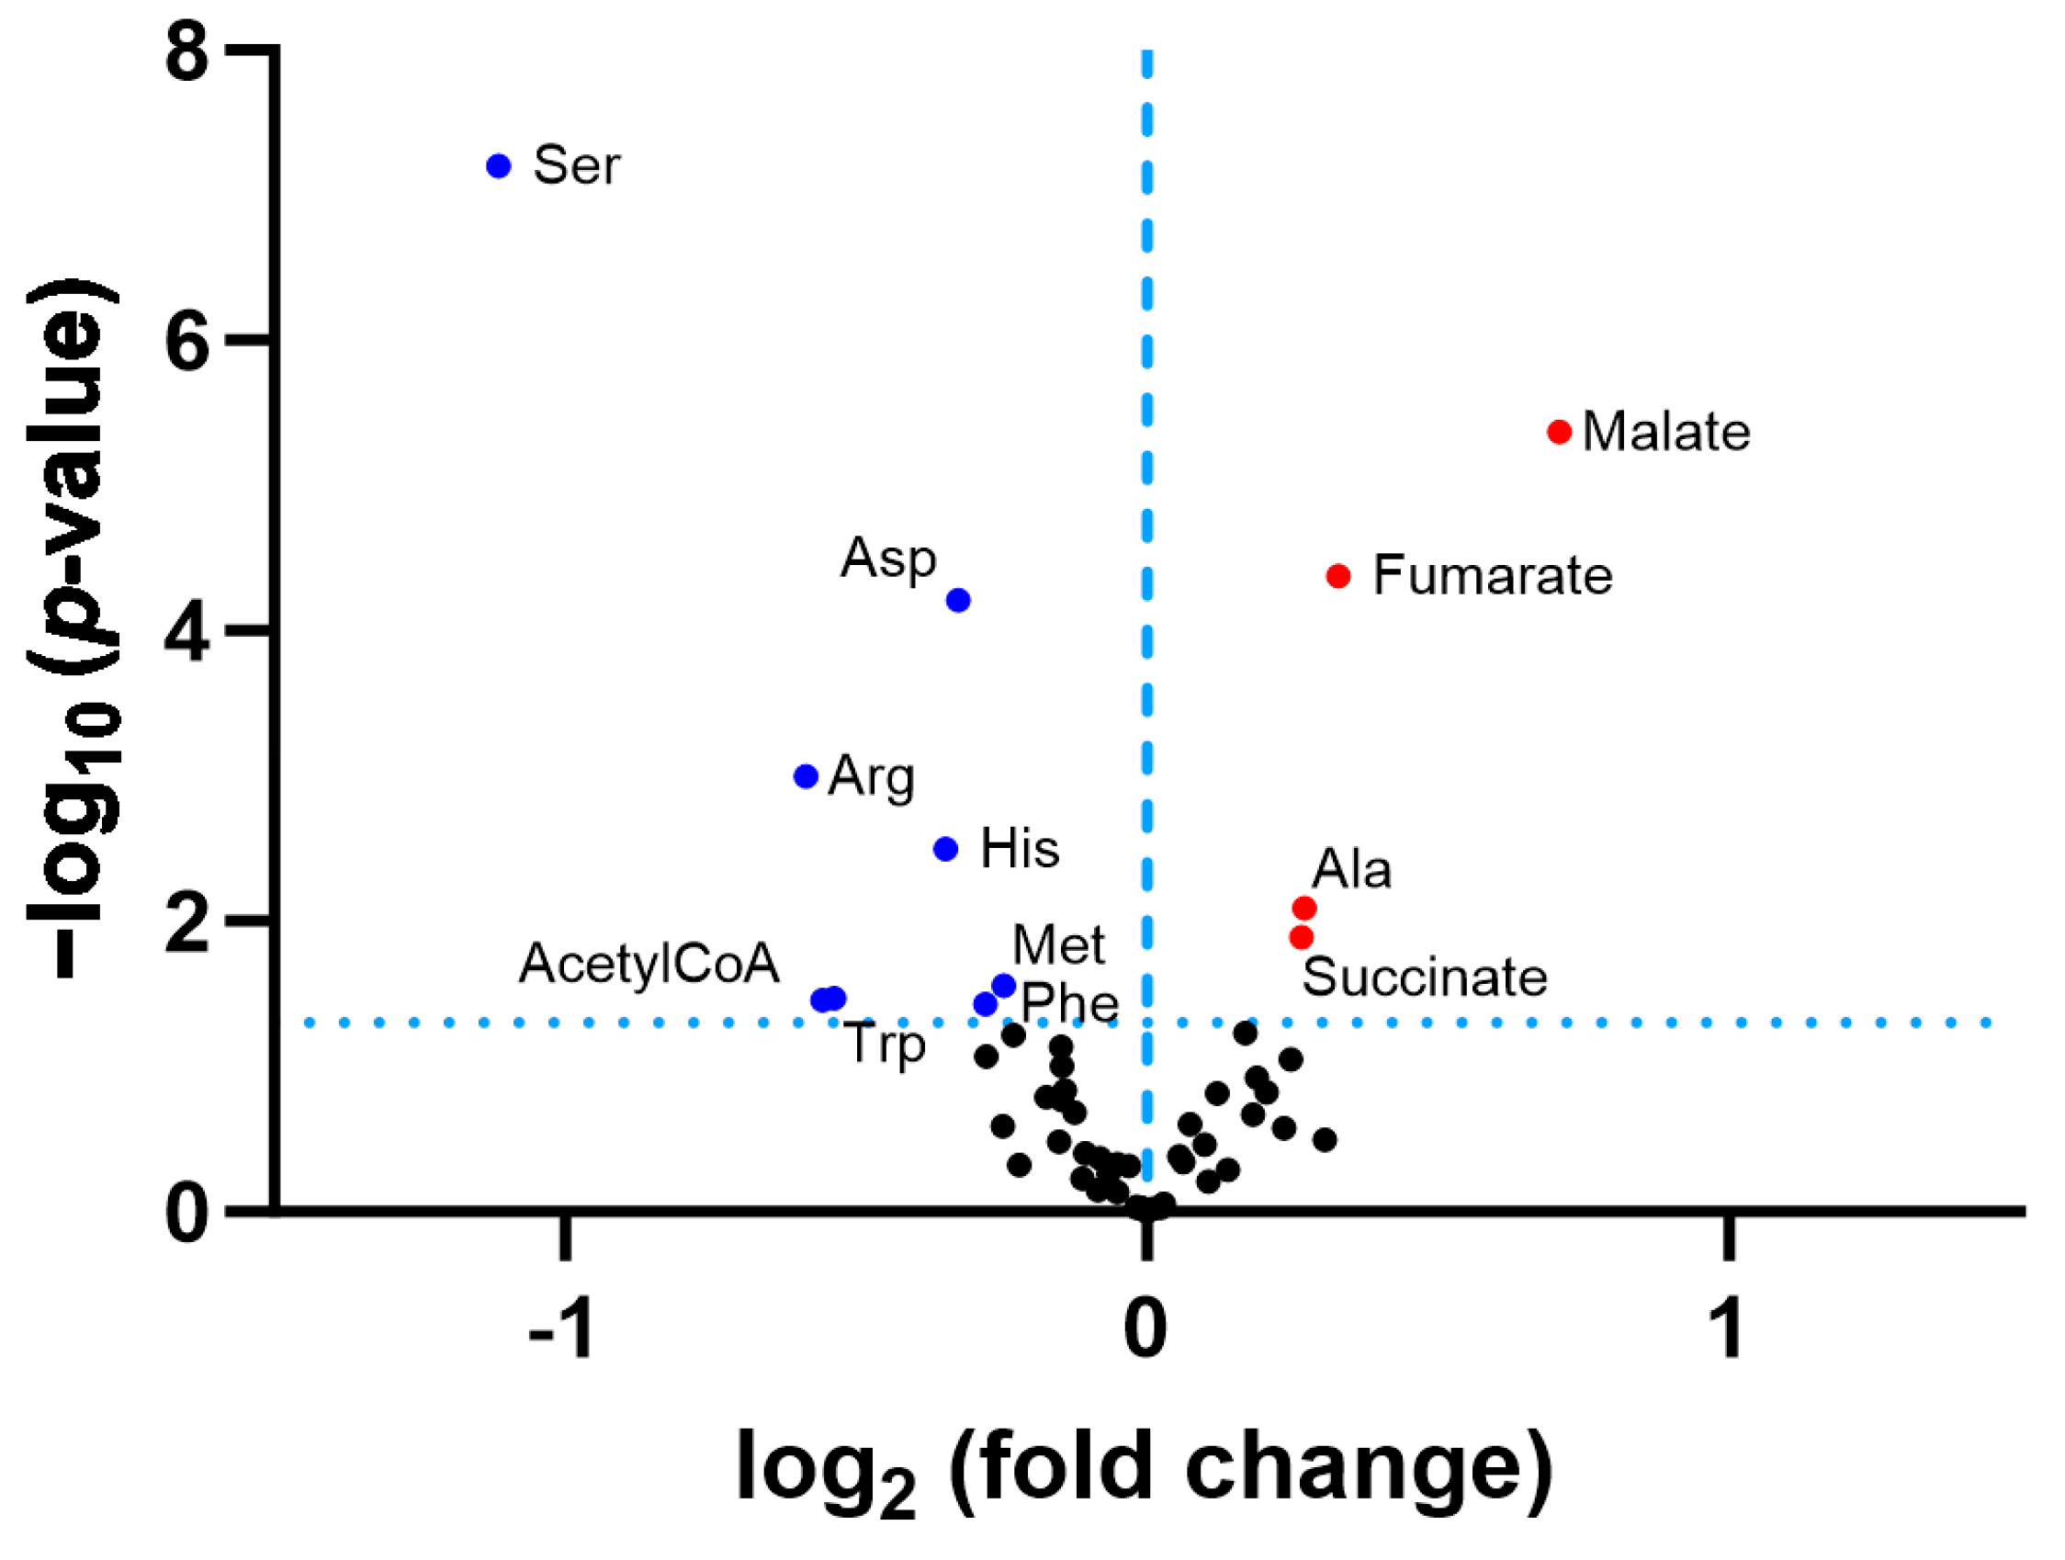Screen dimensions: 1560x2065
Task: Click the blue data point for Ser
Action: click(x=499, y=166)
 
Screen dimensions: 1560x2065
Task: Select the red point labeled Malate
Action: click(x=1559, y=431)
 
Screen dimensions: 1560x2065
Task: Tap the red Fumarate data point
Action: click(x=1337, y=576)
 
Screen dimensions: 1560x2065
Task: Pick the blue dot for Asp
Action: click(x=958, y=599)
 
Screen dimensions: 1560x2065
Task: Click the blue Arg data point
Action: click(x=806, y=775)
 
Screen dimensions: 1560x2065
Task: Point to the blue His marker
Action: click(x=945, y=849)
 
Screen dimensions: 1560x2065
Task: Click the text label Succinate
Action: click(x=1425, y=978)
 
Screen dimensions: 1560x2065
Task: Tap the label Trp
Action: click(x=885, y=1045)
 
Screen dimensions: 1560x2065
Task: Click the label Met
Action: click(x=1057, y=944)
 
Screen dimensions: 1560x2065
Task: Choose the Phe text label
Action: click(x=1070, y=1003)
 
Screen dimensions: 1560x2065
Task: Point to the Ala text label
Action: click(x=1351, y=869)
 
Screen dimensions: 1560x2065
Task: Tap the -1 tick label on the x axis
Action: click(x=561, y=1328)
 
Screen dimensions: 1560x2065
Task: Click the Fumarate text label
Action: click(x=1492, y=576)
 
